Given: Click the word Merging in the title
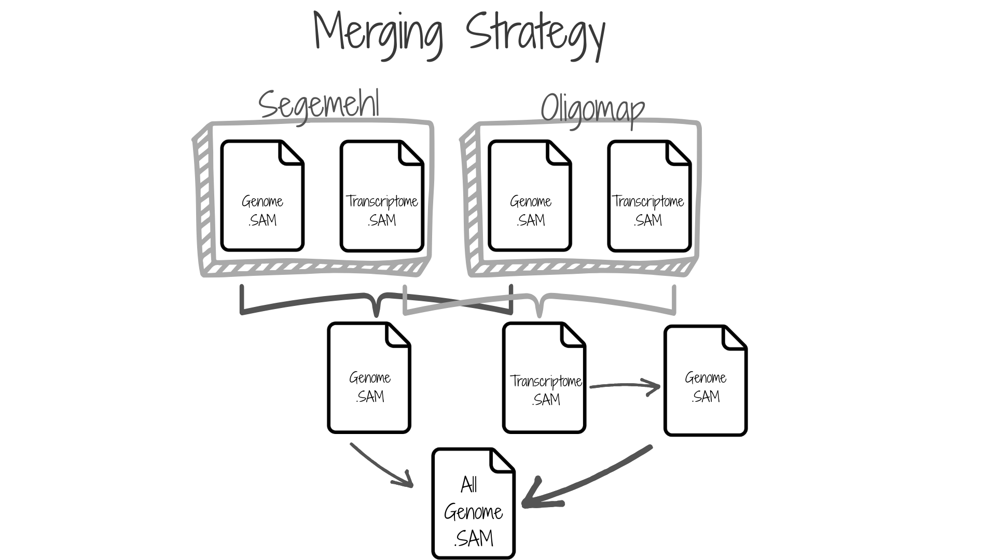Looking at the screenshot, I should click(378, 32).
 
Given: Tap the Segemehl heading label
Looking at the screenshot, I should click(319, 105).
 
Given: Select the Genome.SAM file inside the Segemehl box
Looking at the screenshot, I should click(262, 196).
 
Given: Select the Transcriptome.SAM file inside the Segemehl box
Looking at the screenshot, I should click(382, 196).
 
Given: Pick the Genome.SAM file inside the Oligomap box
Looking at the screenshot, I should click(530, 196).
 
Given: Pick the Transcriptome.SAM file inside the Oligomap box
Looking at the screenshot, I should click(649, 196).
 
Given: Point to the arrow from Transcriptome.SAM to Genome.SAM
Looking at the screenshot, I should click(625, 386).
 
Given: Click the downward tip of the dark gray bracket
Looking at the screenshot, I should click(377, 314).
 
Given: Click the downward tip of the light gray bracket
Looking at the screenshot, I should click(539, 314).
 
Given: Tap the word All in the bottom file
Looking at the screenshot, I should click(469, 485).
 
